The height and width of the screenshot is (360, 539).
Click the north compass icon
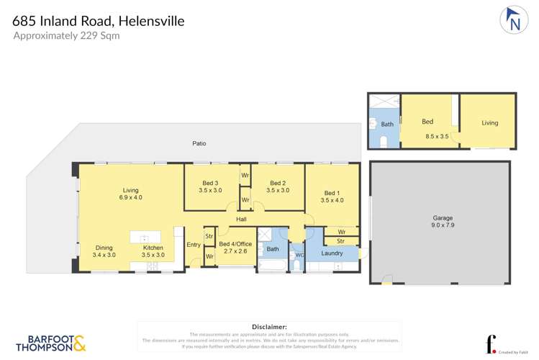click(x=512, y=20)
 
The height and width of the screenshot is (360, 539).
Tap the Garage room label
click(x=442, y=217)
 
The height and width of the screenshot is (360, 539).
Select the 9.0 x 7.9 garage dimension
click(x=442, y=225)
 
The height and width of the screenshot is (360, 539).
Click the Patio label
click(x=199, y=143)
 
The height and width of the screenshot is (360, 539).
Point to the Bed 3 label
click(x=211, y=182)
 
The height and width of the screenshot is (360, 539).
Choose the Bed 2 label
click(x=278, y=182)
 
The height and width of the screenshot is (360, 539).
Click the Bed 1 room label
click(x=331, y=193)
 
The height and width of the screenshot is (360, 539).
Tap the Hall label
click(x=242, y=219)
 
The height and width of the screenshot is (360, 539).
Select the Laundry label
click(x=332, y=253)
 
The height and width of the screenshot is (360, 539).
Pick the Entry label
click(x=194, y=245)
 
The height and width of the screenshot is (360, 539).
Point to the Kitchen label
click(x=153, y=247)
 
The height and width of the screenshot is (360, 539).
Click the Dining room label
click(x=104, y=247)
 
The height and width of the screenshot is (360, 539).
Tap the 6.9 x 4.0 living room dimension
click(x=131, y=197)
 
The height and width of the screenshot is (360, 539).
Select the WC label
click(x=299, y=255)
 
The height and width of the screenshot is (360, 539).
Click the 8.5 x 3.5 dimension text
click(x=437, y=136)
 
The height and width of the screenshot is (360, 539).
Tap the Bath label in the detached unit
click(x=387, y=125)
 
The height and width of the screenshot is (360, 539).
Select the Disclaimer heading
click(x=269, y=327)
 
